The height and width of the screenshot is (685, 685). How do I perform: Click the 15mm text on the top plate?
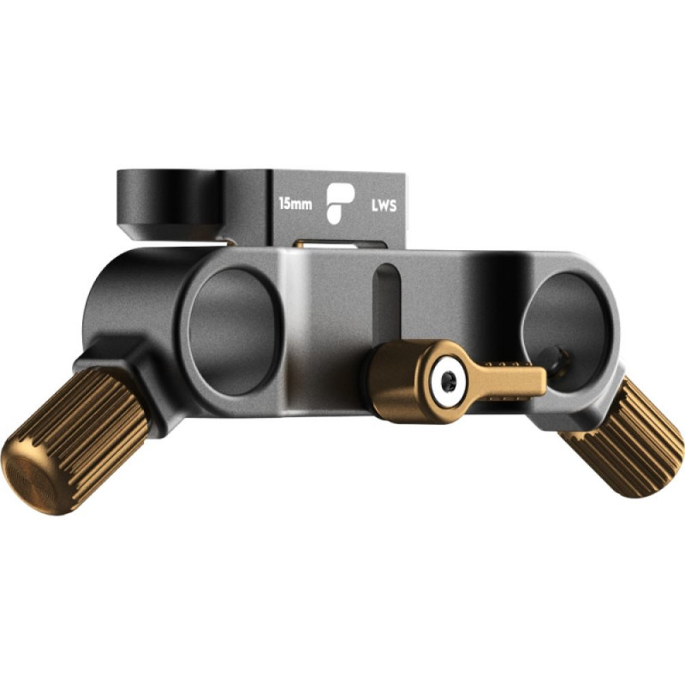pos(295,204)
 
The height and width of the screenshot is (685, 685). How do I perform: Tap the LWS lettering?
pos(384,205)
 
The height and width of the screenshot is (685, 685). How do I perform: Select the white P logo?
pos(340,204)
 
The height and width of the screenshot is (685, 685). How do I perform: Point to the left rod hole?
pos(233,332)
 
